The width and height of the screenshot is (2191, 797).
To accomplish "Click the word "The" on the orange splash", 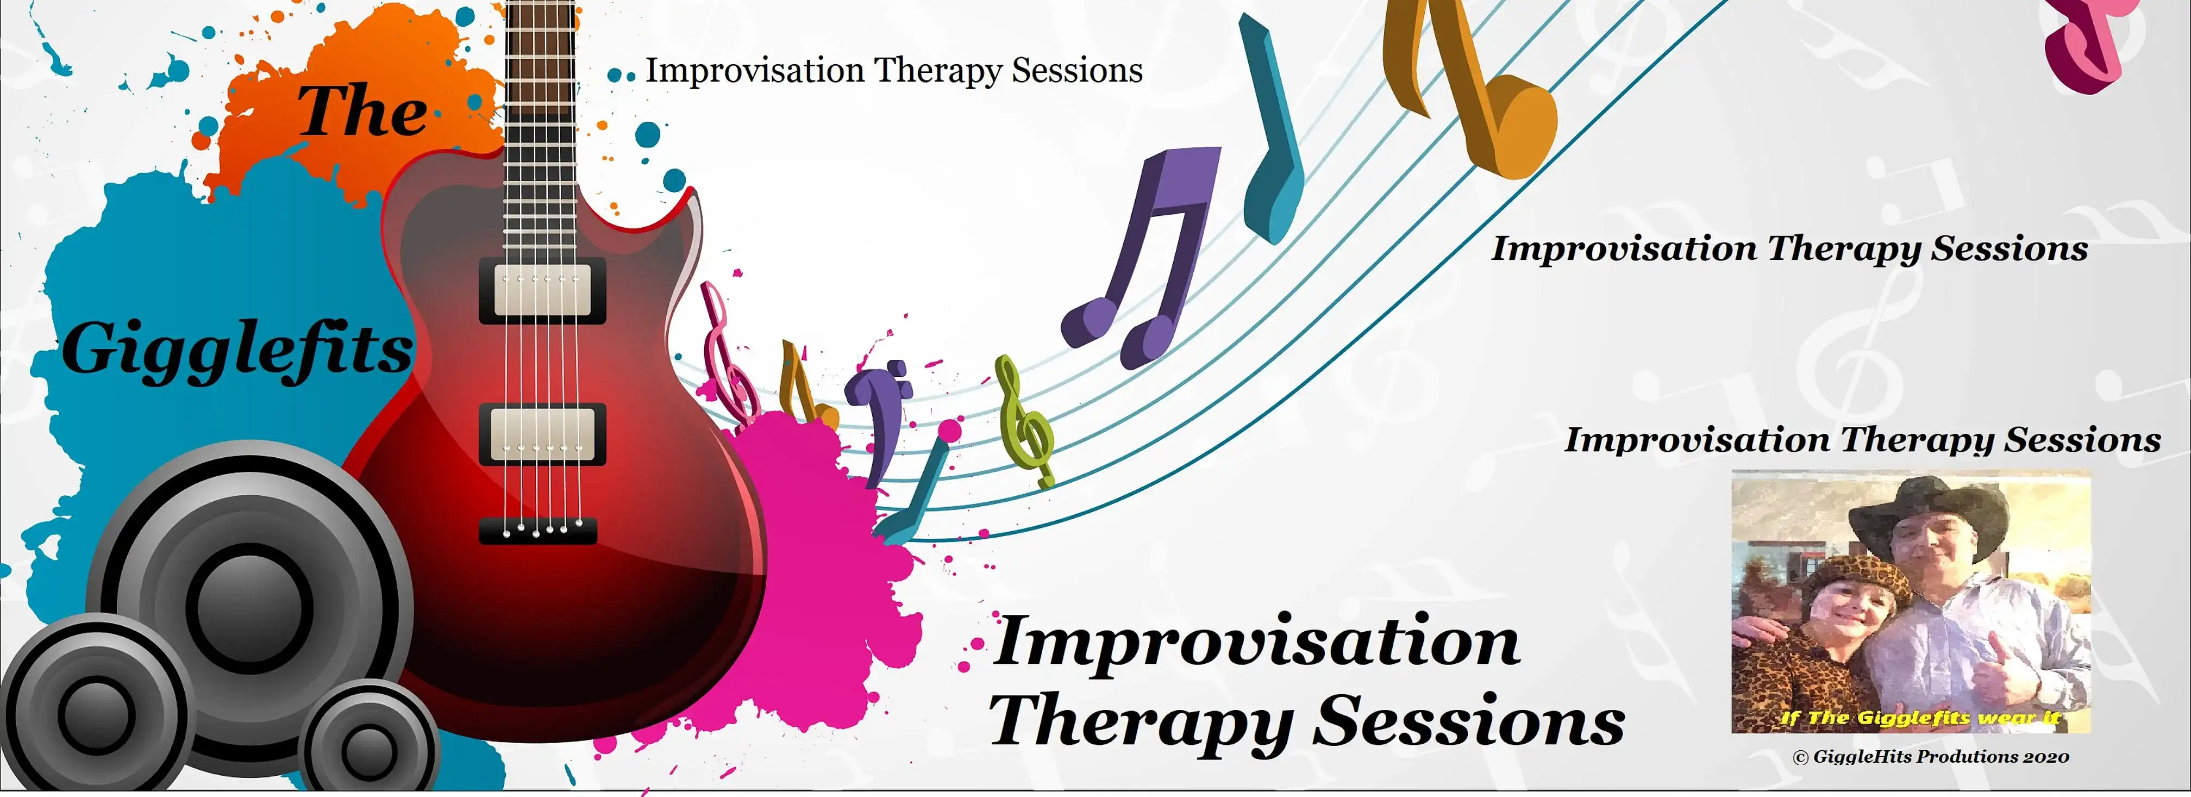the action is [362, 111].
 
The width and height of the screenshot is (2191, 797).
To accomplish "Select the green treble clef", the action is [1025, 421].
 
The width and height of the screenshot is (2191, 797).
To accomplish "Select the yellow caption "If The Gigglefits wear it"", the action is [1920, 718].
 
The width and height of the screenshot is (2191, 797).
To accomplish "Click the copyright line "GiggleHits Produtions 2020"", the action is [1931, 756].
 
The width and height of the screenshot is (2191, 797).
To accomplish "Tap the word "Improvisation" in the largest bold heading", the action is [1256, 644].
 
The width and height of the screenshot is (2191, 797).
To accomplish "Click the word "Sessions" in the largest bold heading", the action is [1469, 721].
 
